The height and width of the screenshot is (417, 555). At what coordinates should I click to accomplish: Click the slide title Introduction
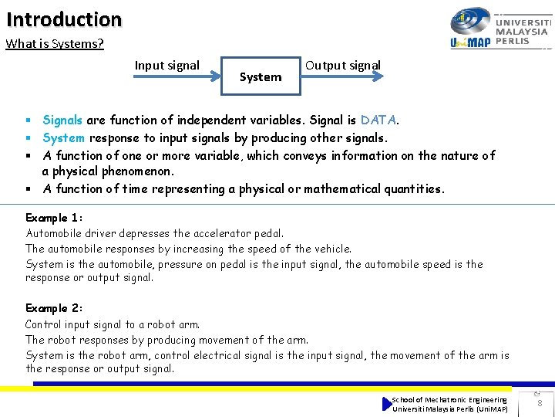(64, 19)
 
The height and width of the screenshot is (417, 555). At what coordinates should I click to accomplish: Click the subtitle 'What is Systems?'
(55, 44)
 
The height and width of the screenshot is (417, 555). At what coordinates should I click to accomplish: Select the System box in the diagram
(261, 76)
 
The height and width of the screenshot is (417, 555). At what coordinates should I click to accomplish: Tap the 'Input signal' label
(167, 66)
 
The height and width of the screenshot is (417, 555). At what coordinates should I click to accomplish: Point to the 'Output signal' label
(343, 66)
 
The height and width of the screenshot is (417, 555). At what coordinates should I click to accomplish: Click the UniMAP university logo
(471, 29)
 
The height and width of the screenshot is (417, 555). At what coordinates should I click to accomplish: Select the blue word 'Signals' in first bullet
(62, 120)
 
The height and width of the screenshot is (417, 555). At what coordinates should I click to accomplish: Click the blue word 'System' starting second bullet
(64, 138)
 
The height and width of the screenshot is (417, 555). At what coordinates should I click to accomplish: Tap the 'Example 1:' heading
(53, 218)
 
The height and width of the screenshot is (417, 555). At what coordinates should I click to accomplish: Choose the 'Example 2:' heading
(54, 309)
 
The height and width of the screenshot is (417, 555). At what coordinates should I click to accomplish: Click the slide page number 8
(540, 403)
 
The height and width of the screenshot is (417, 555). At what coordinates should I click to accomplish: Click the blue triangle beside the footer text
(387, 404)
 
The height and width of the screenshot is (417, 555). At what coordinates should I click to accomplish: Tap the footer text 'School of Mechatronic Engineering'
(449, 399)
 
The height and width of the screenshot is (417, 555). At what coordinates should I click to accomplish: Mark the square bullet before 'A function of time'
(27, 189)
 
